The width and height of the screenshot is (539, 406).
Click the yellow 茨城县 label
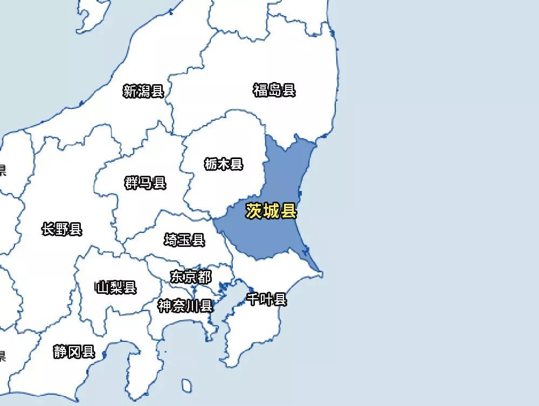tap(271, 211)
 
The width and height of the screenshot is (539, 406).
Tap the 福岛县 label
tap(274, 90)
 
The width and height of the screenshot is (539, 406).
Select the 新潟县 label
tap(143, 91)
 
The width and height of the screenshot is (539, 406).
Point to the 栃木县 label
tap(224, 164)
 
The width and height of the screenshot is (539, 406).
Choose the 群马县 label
tap(146, 183)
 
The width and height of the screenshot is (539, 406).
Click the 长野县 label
tap(62, 230)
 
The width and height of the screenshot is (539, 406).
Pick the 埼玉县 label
tap(185, 240)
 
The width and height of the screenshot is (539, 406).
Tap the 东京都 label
tap(191, 277)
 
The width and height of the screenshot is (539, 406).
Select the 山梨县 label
tap(116, 287)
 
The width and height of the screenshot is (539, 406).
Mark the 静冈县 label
tap(74, 353)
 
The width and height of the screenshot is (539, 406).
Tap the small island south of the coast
tap(186, 386)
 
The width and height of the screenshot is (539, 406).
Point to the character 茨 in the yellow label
tap(254, 211)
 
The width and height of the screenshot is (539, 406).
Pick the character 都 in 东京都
tap(204, 277)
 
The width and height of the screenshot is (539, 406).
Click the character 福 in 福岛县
tap(260, 90)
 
